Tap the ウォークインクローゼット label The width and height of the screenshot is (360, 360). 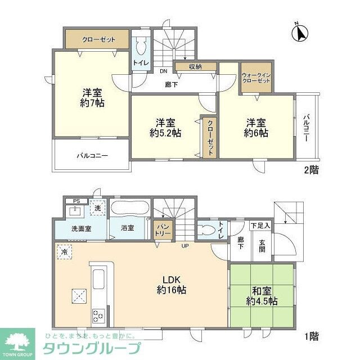pos(256,78)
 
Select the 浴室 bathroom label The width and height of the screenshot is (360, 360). pos(128,228)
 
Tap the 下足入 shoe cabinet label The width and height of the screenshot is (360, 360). pos(260,226)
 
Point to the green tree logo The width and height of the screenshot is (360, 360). pos(18,341)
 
